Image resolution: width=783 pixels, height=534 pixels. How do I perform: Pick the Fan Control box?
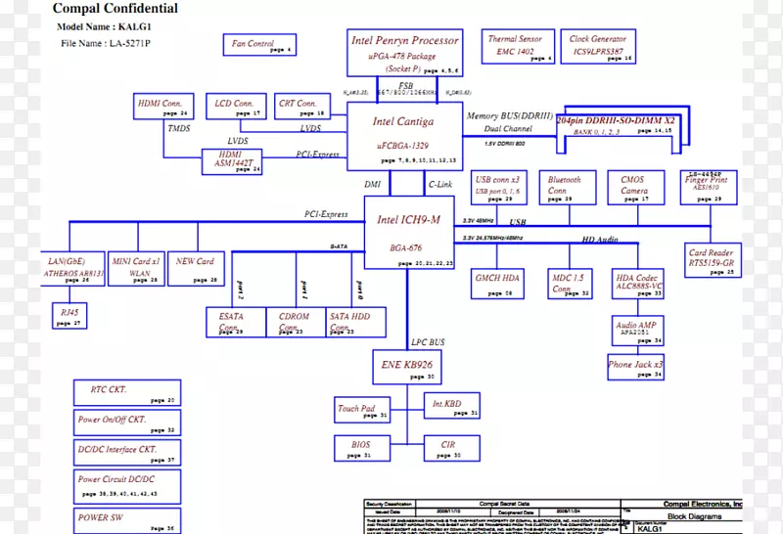[x=259, y=45]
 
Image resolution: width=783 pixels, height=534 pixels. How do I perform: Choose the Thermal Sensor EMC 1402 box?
[x=516, y=47]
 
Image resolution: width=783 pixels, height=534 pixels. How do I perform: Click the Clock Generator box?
[x=600, y=47]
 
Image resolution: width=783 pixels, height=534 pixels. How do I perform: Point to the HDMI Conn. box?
[x=162, y=107]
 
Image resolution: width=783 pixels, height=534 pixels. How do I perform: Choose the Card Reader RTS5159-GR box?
[x=712, y=261]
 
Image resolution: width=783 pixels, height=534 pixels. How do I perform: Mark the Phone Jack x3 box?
[x=635, y=367]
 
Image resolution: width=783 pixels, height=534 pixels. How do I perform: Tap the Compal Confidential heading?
[x=116, y=9]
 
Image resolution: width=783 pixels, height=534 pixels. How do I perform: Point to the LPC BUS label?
[x=428, y=342]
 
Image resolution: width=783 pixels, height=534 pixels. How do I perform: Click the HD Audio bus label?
[x=601, y=239]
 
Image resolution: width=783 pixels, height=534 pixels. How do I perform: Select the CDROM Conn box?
[x=295, y=322]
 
